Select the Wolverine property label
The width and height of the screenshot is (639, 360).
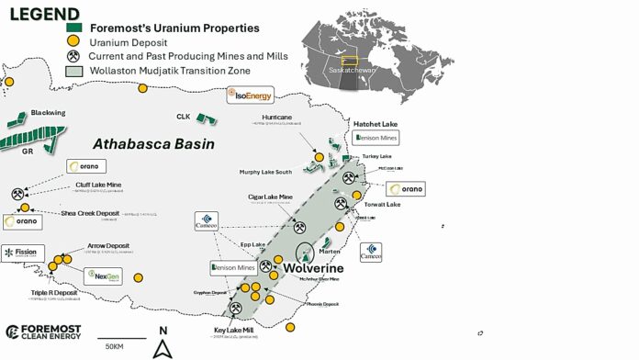(x=315, y=267)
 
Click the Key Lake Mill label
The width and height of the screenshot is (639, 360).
(x=233, y=329)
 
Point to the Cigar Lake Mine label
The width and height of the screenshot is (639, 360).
(x=275, y=197)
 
